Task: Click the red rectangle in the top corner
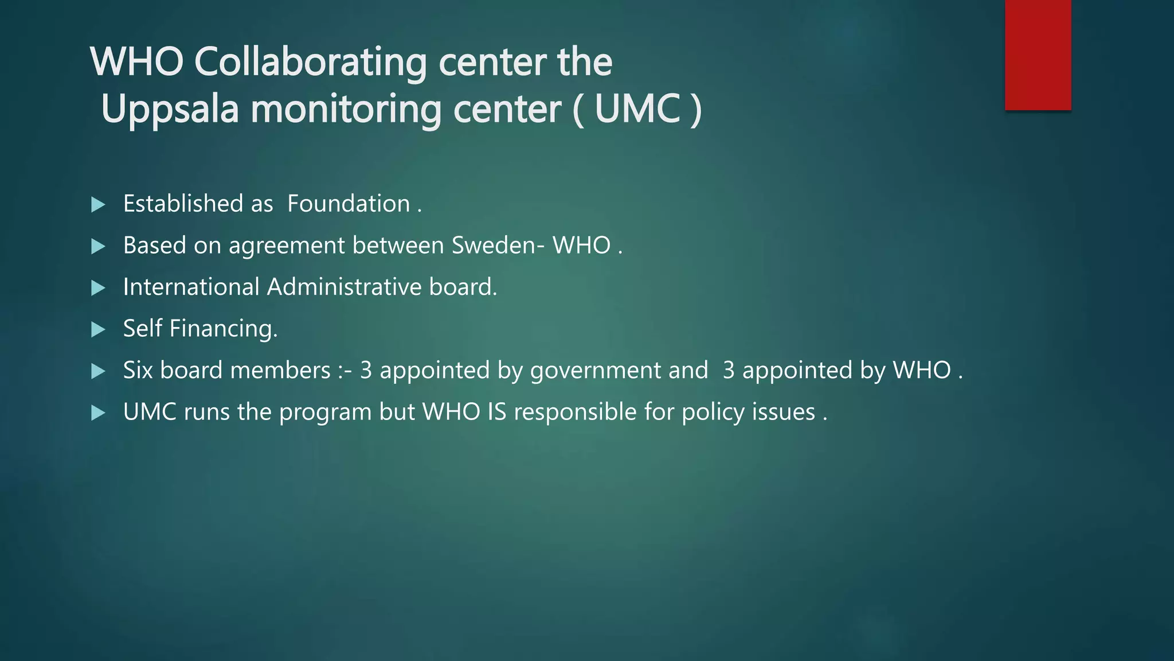(1038, 55)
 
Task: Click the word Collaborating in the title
(310, 62)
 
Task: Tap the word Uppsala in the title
(170, 109)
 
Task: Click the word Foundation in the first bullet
(349, 204)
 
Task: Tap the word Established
(183, 204)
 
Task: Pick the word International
(191, 287)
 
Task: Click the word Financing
(223, 329)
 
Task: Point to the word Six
(138, 371)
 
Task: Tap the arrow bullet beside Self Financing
(99, 329)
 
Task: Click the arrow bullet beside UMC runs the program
(99, 413)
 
